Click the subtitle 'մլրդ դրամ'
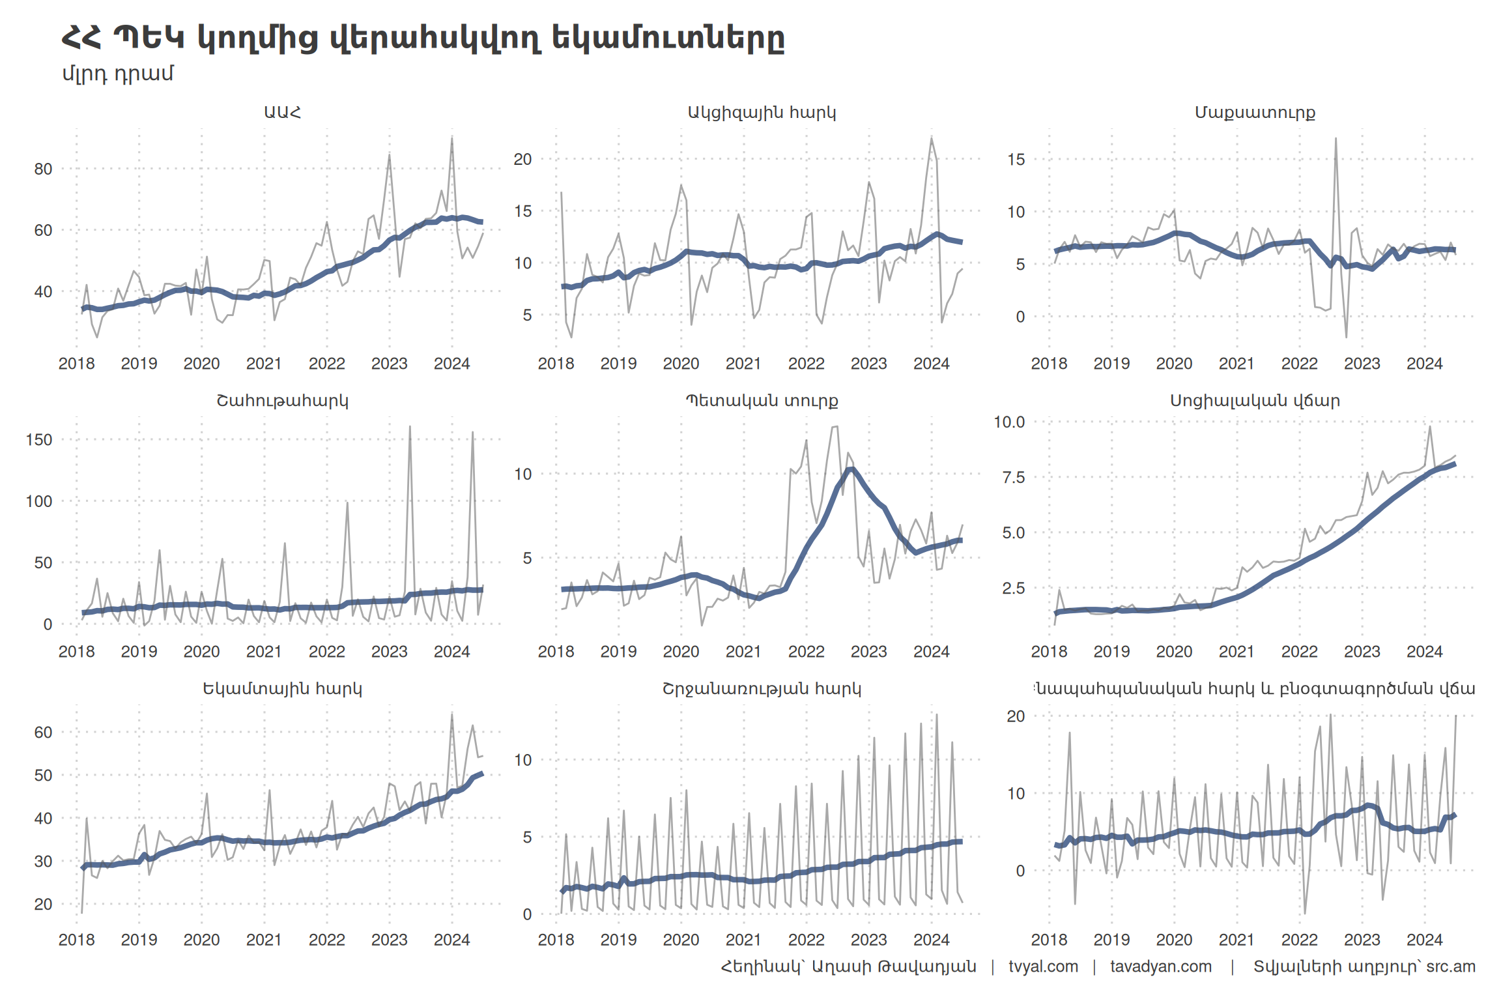click(x=118, y=74)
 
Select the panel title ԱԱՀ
click(x=282, y=112)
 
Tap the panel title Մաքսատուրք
click(x=1255, y=112)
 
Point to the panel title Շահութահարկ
click(x=282, y=400)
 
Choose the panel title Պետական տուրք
click(x=762, y=400)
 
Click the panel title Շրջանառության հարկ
click(x=762, y=688)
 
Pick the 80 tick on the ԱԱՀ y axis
click(x=43, y=169)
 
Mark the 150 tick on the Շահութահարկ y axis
click(x=39, y=440)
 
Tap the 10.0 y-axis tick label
click(x=1009, y=422)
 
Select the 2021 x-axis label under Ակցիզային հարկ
click(x=743, y=364)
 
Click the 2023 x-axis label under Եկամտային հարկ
click(x=389, y=940)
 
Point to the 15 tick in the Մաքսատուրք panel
click(x=1016, y=160)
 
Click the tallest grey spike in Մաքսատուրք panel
click(x=1336, y=139)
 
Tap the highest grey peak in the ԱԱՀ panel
click(x=451, y=138)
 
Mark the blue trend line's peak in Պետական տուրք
click(x=850, y=469)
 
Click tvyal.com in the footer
click(x=1043, y=966)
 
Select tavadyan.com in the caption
click(x=1161, y=966)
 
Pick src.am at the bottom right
click(x=1451, y=966)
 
